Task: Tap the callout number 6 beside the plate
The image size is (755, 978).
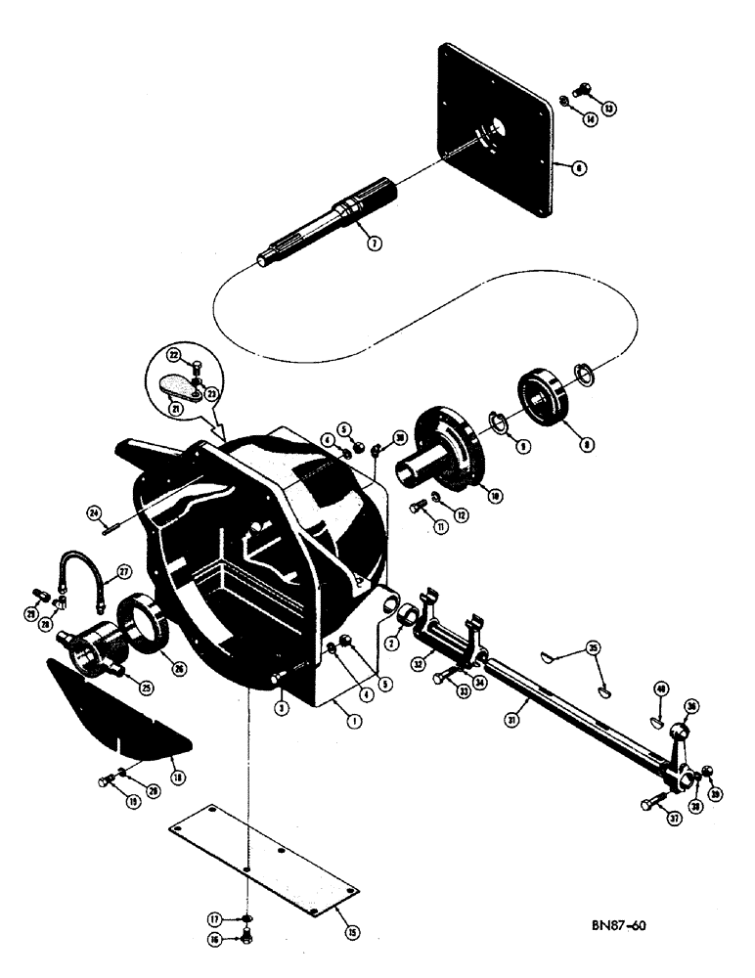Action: (x=579, y=167)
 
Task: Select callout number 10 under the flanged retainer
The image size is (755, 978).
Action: (x=496, y=496)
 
